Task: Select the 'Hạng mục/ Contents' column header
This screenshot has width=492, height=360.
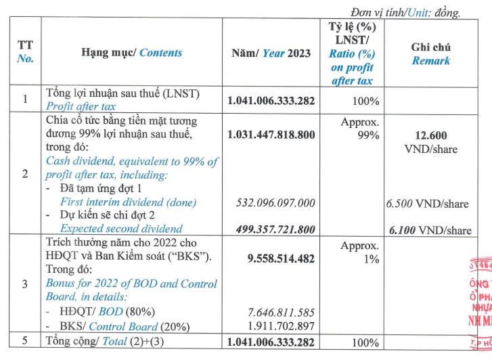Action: [131, 53]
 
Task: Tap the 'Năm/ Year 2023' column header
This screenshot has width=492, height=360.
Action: [269, 53]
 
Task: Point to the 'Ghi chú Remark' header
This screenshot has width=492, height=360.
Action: [430, 53]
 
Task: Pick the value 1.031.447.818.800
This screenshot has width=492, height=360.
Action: [271, 135]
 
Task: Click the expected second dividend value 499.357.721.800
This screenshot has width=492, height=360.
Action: [276, 229]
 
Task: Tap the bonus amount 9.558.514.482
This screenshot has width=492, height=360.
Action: [276, 256]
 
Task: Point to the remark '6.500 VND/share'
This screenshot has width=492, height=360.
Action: [427, 202]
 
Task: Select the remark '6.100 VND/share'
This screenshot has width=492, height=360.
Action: [430, 230]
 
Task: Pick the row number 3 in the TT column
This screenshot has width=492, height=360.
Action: [24, 284]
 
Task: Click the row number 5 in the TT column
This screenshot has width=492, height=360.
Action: [24, 342]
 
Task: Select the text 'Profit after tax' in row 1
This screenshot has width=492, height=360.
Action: [81, 106]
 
